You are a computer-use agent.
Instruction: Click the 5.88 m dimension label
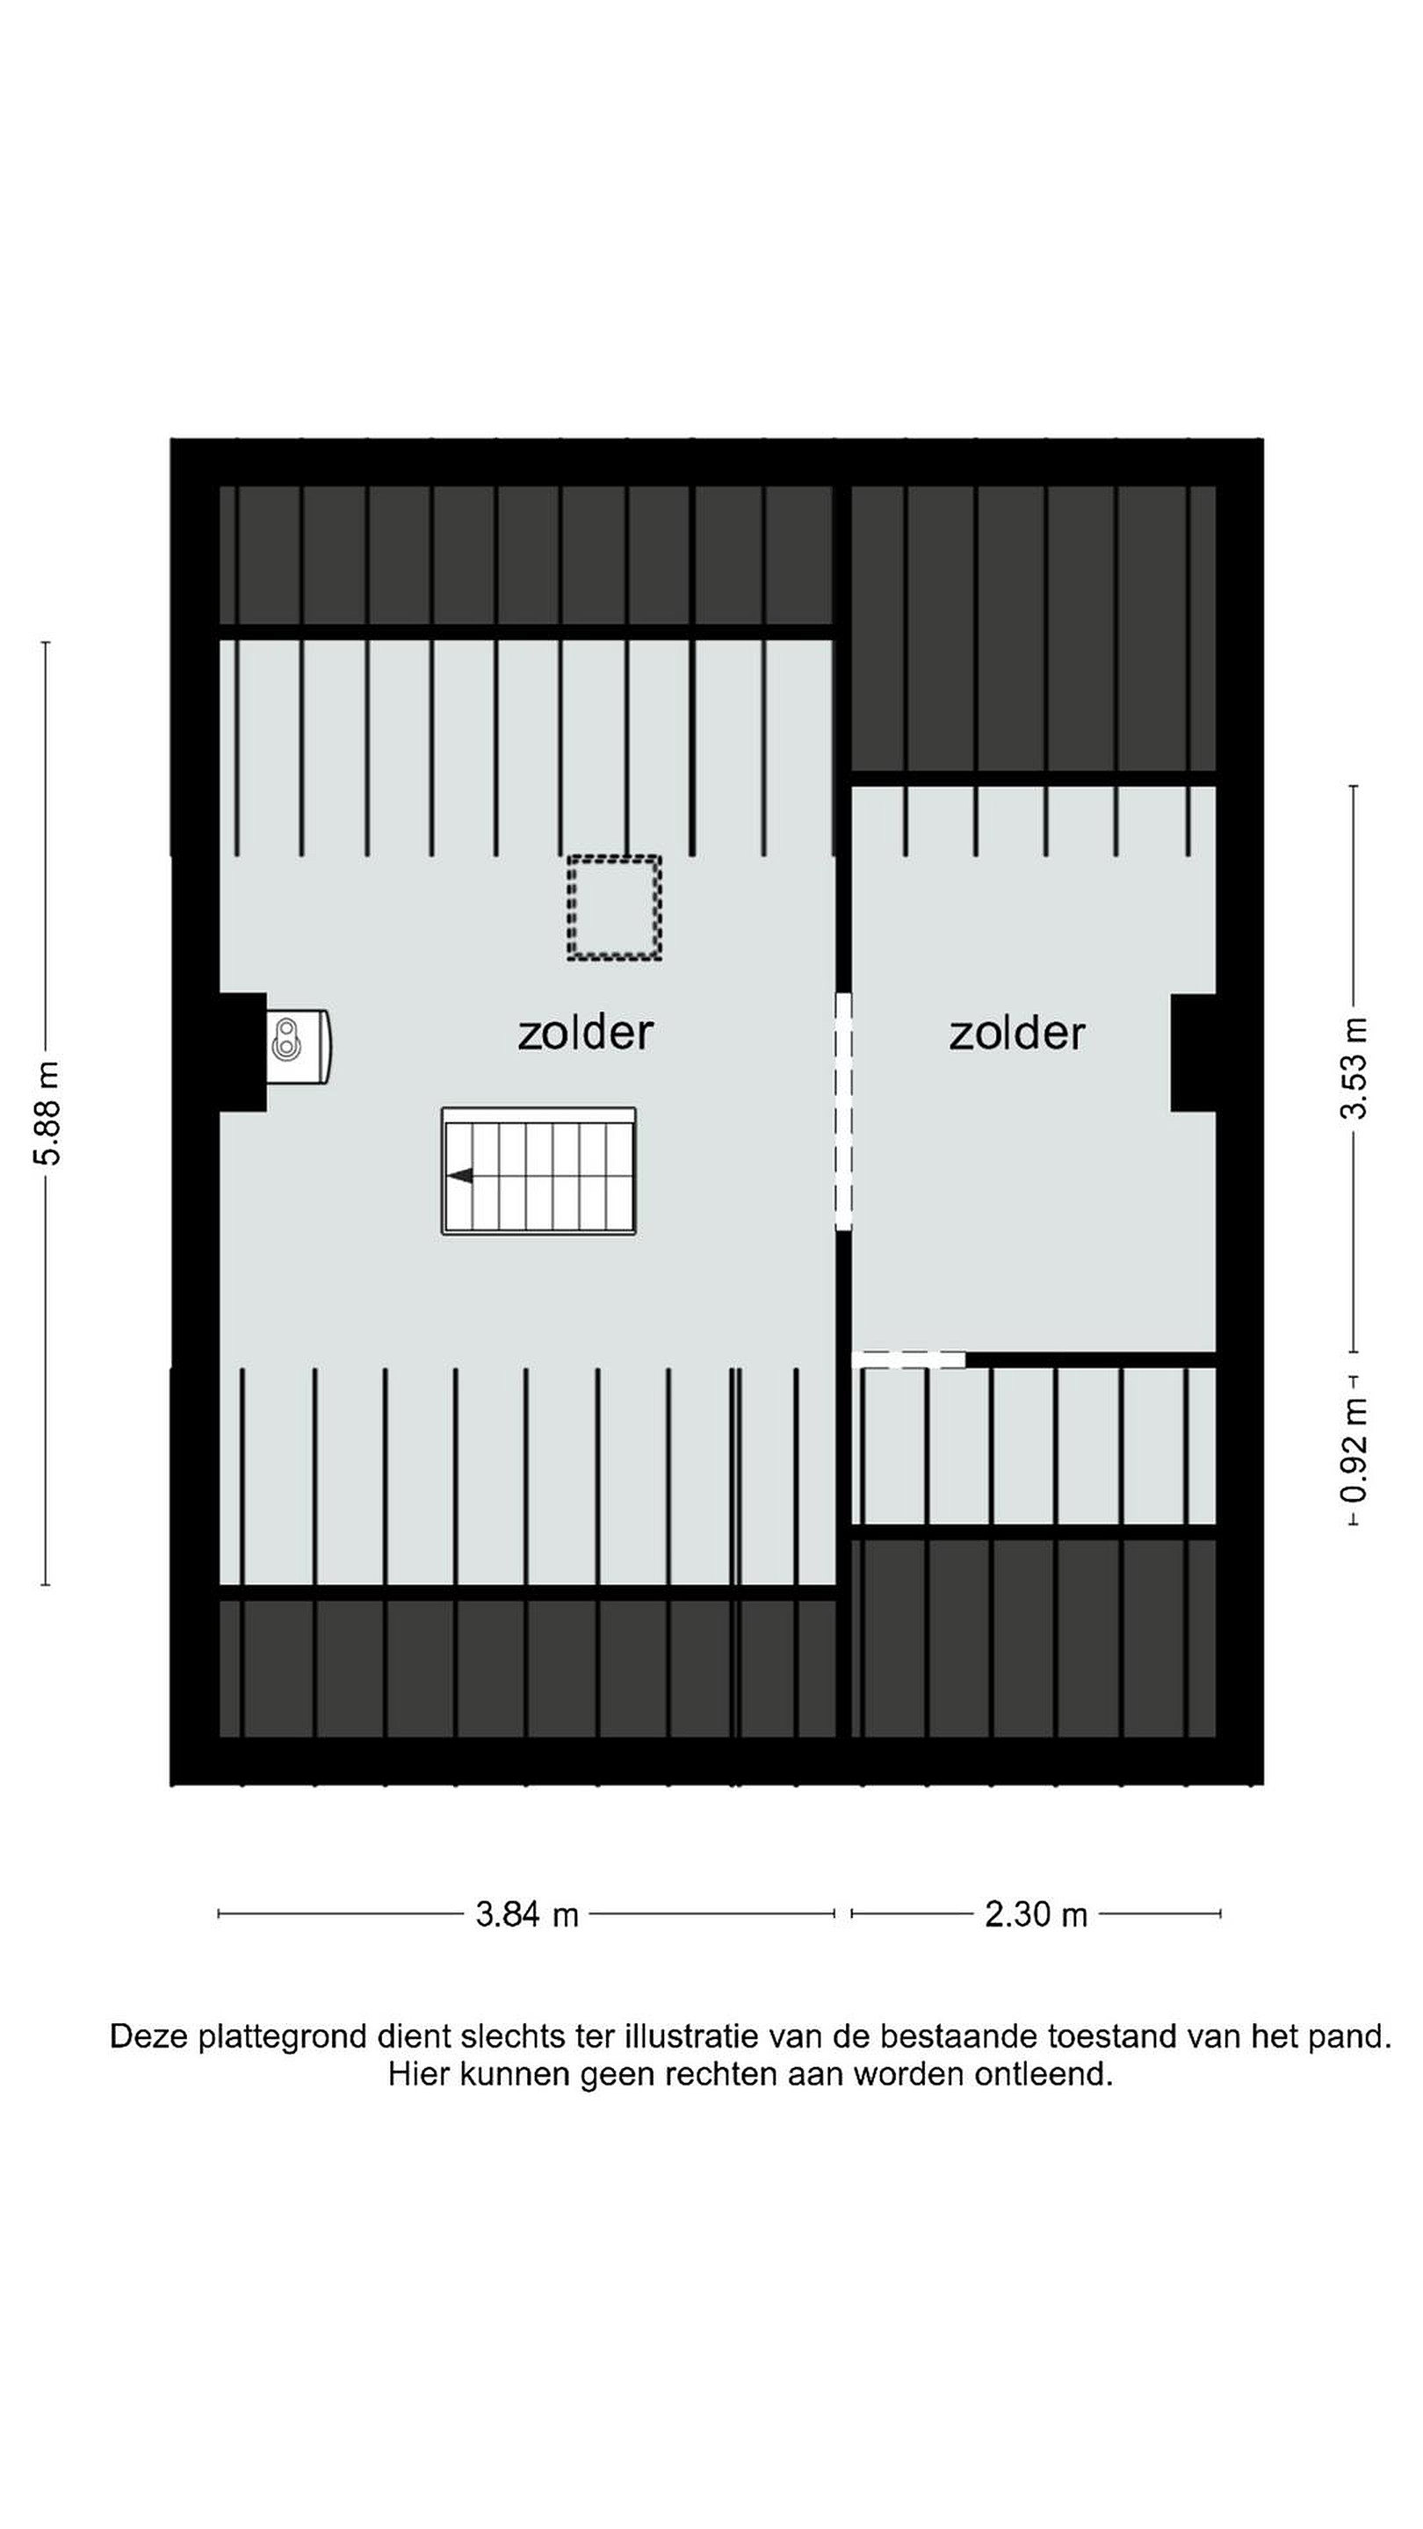(x=47, y=1113)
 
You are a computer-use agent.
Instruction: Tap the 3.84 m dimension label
(x=526, y=1914)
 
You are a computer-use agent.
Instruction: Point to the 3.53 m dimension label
(x=1354, y=1068)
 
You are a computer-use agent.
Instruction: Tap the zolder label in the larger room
(x=585, y=1033)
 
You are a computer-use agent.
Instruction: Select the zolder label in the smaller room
(x=1016, y=1033)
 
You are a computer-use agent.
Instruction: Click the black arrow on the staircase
(x=459, y=1175)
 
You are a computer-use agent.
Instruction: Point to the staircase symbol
(x=538, y=1171)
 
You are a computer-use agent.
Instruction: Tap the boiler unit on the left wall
(x=299, y=1047)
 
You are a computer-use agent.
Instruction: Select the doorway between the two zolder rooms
(x=842, y=1112)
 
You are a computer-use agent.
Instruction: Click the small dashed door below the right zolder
(x=908, y=1358)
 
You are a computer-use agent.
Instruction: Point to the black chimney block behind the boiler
(x=242, y=1051)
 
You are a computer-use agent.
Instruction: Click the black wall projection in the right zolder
(x=1193, y=1053)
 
